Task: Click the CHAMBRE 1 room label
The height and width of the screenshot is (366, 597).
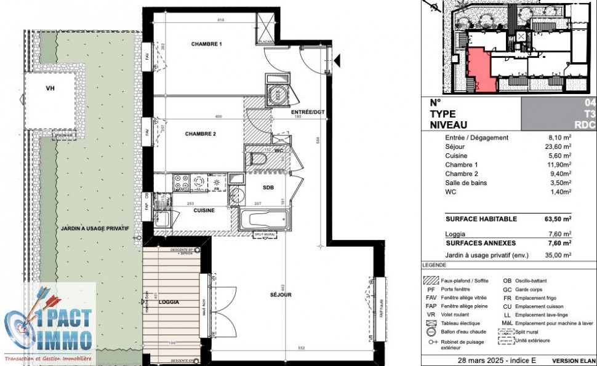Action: coord(206,44)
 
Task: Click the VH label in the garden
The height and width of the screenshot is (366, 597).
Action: coord(50,89)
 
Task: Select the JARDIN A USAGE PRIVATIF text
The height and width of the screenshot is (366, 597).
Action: coord(95,228)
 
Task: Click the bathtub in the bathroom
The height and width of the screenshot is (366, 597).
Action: coord(263,220)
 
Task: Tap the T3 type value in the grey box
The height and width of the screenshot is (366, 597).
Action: coord(589,114)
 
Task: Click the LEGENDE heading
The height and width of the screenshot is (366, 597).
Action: coord(435,265)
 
